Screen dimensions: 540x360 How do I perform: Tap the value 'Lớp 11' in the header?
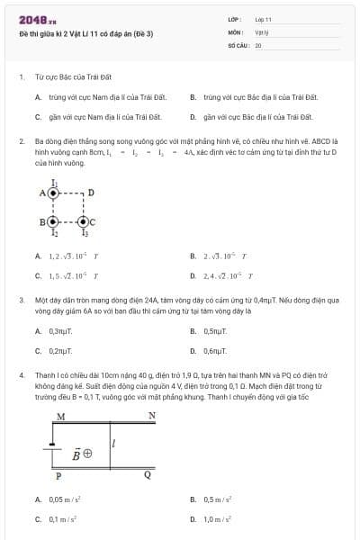click(x=263, y=19)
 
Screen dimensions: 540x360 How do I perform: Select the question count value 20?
click(x=258, y=44)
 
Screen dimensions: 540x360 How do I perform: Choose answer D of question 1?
click(x=257, y=117)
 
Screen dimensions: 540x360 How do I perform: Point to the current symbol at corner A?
click(x=54, y=193)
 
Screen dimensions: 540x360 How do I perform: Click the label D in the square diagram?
click(x=91, y=193)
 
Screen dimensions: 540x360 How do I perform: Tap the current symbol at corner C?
click(x=84, y=221)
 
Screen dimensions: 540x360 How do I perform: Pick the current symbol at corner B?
click(x=54, y=221)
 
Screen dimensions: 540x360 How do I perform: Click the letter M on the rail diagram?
click(x=60, y=417)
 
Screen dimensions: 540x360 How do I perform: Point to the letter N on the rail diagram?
click(x=151, y=416)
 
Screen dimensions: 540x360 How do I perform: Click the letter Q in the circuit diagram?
click(x=148, y=475)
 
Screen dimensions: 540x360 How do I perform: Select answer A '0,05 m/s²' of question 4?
click(x=62, y=499)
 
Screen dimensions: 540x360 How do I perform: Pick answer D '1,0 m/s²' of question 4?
click(x=217, y=519)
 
